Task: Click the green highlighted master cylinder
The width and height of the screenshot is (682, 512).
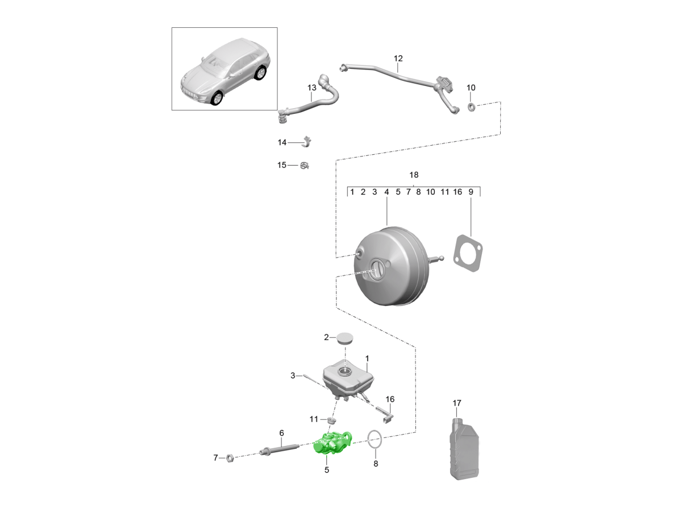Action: pos(332,443)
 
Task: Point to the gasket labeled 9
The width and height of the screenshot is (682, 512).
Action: pos(469,255)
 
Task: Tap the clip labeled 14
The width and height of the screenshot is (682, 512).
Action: pos(307,141)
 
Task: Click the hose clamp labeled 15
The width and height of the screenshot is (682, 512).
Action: pos(305,166)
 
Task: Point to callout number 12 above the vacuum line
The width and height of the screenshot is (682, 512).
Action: pos(398,59)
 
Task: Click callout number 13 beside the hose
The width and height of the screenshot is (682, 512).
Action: pos(311,88)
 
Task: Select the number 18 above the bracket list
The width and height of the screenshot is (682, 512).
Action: pos(414,175)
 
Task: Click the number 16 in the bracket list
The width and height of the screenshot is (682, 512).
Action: pos(458,192)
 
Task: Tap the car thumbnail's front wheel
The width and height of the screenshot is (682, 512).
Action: pos(217,99)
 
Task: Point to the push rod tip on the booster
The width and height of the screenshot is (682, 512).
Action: pos(442,259)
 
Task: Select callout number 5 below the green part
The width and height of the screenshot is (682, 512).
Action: pos(327,470)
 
